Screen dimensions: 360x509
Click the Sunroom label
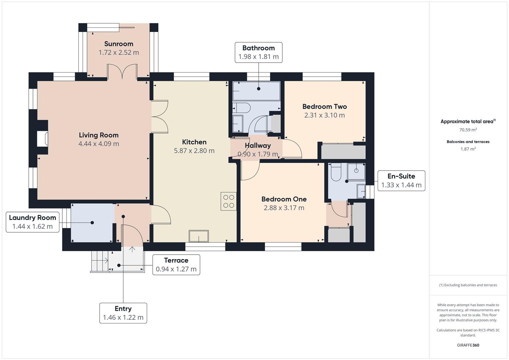[119, 44]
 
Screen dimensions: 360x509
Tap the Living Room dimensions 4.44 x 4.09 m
[99, 144]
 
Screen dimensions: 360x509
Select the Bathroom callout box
[259, 52]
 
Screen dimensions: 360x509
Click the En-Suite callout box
[401, 181]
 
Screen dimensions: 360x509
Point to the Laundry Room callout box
[32, 222]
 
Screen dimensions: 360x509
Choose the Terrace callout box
[176, 265]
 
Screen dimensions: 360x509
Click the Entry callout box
[123, 313]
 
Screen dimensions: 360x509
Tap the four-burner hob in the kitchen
[228, 201]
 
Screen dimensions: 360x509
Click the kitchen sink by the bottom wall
[199, 236]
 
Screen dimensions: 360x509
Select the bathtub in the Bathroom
[256, 91]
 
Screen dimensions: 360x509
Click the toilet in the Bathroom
[242, 108]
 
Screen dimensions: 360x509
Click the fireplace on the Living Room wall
[42, 138]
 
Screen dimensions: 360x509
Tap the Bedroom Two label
[324, 107]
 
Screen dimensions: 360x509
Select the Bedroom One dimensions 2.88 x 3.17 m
[284, 208]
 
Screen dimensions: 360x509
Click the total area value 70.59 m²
[468, 130]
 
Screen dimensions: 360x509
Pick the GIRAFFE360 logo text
[468, 345]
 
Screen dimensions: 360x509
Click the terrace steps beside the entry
[99, 261]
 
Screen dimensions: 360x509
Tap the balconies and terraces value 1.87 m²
[468, 149]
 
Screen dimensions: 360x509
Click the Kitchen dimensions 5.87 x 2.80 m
[194, 151]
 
